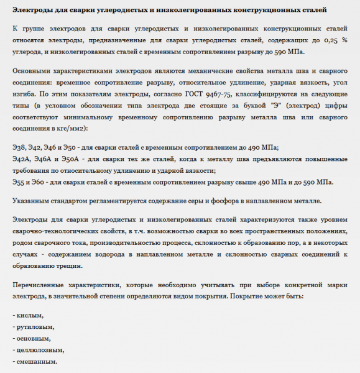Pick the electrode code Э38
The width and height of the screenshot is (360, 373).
(20, 147)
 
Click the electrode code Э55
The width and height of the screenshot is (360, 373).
(19, 182)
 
